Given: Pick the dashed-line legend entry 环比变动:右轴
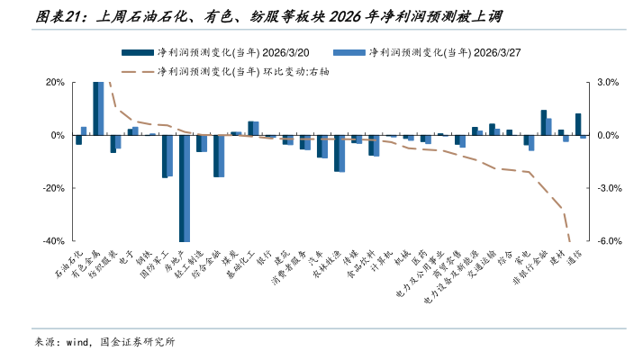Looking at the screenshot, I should click(252, 71).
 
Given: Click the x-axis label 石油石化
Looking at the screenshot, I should click(69, 261).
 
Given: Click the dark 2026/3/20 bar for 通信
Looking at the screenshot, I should click(578, 124).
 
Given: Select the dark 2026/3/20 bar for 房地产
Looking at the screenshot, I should click(182, 188).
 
